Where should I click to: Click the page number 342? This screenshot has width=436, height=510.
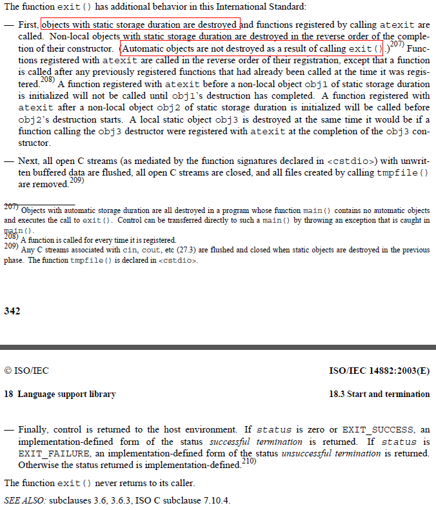point(12,311)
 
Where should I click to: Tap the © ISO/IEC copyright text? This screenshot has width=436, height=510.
point(26,371)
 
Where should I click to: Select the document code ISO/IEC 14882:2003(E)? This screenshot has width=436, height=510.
point(379,371)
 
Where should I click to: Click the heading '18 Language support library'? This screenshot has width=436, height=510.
point(60,394)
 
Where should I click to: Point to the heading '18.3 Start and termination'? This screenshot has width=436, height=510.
point(379,394)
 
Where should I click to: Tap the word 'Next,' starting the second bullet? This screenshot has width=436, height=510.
point(29,161)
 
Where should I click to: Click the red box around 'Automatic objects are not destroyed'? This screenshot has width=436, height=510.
point(252,48)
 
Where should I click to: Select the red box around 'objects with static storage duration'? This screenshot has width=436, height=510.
point(141,25)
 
